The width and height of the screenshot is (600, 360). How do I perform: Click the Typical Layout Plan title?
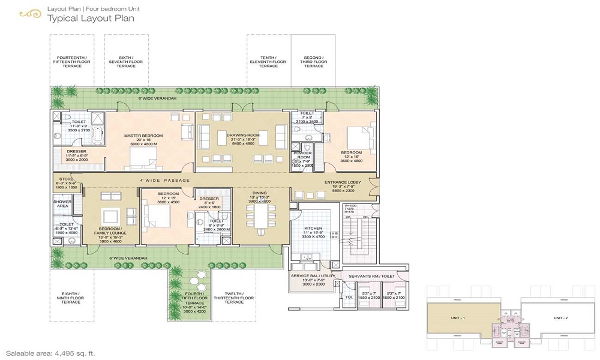pos(90,18)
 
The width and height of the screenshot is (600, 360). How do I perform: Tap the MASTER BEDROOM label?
pos(144,136)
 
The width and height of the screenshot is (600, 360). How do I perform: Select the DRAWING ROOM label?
pos(242,136)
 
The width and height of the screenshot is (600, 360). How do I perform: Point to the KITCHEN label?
pos(313,229)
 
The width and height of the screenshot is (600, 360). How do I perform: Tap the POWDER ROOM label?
pos(302,155)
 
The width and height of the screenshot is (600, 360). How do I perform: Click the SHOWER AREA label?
pos(62,204)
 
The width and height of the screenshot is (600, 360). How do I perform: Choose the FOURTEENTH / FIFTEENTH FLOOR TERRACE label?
pos(71,62)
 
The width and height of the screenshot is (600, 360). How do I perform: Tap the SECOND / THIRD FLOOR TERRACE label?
pos(313,62)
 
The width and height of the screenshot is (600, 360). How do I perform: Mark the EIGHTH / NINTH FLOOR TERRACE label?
pos(70,298)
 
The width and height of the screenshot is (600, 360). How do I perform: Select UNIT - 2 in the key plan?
pos(561,317)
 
